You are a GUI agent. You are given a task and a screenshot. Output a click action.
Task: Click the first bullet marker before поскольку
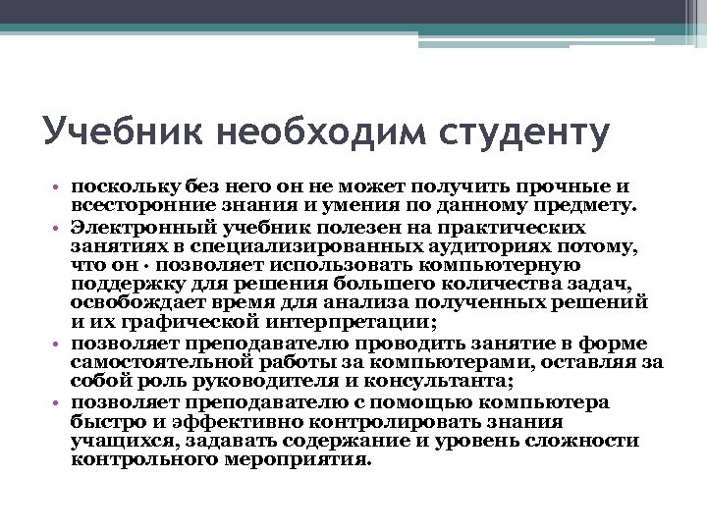coord(57,187)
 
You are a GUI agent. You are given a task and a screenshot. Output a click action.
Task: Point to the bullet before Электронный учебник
coord(57,226)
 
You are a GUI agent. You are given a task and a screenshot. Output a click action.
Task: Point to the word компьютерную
coord(516,265)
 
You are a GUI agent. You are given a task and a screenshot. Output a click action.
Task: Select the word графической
coord(176,322)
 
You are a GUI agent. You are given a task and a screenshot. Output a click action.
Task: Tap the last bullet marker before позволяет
coord(57,403)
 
